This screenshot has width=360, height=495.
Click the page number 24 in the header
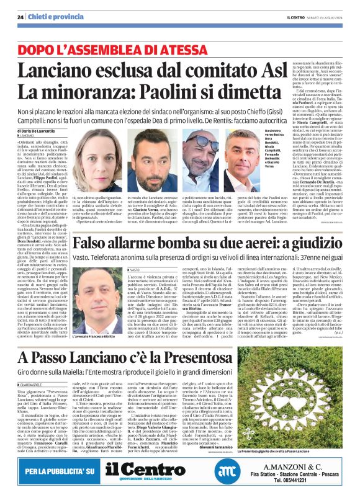20,18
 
